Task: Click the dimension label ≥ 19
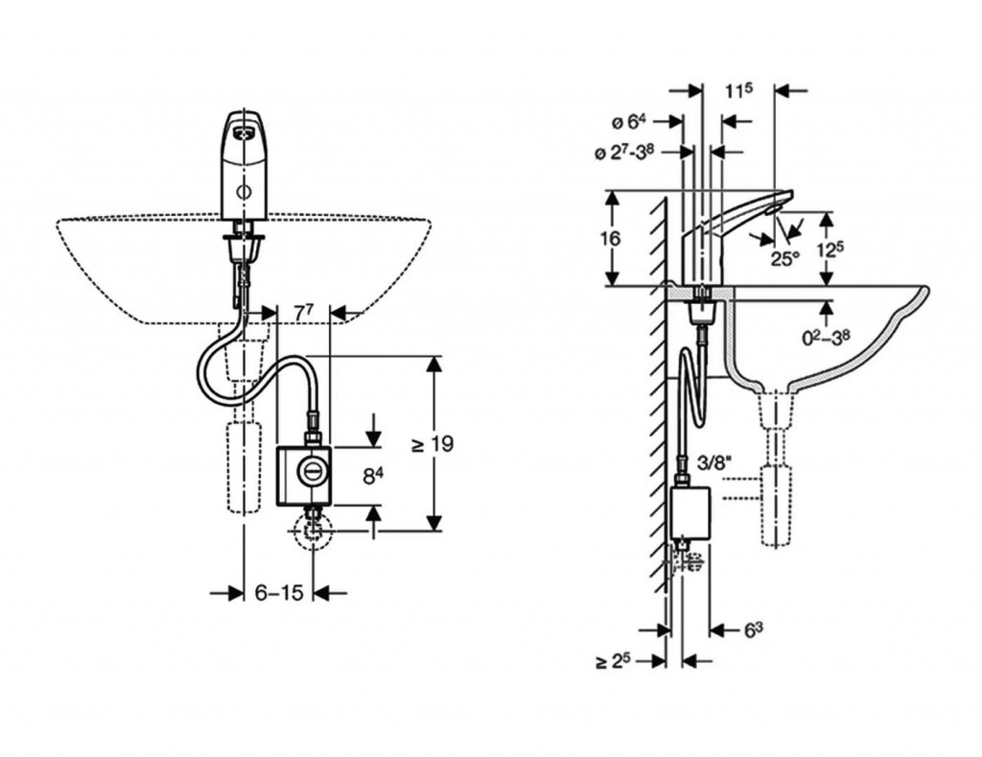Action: coord(432,443)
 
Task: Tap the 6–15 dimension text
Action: coord(279,594)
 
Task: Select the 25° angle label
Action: coord(785,257)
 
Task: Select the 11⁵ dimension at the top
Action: coord(738,90)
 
